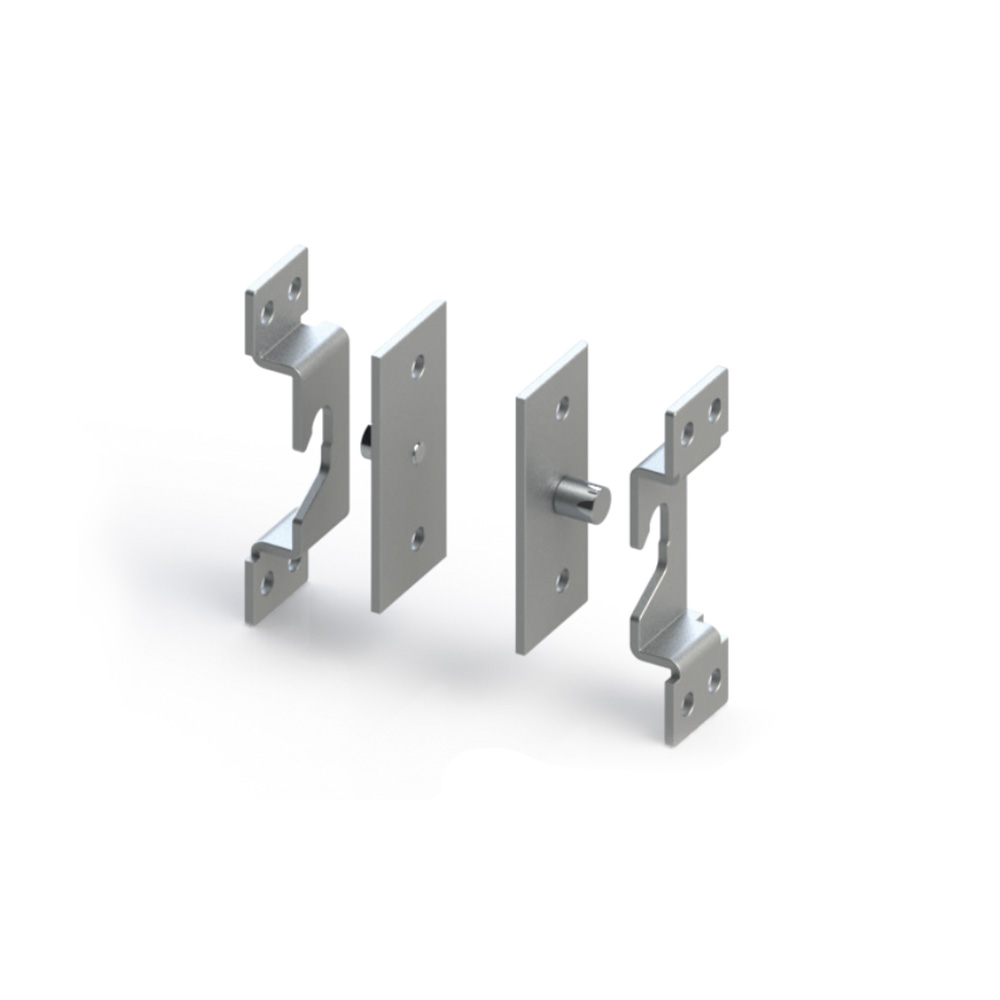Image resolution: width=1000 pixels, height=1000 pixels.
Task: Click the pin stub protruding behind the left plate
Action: tap(364, 441)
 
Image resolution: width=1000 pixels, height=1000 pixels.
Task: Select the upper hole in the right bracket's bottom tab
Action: tap(714, 680)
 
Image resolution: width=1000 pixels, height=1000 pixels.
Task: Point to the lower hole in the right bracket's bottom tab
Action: tap(687, 704)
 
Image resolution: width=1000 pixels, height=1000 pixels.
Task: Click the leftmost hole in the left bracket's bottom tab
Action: tap(266, 582)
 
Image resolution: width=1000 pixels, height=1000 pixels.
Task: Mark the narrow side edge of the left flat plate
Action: tap(377, 480)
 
